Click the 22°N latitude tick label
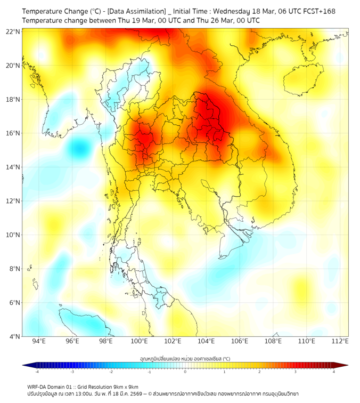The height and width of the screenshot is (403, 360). (x=13, y=31)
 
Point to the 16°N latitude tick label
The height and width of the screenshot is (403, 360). (x=13, y=133)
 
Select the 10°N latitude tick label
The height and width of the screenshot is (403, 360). (x=13, y=235)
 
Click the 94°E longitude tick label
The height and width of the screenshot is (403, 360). (x=39, y=341)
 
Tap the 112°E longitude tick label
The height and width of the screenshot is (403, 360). (x=340, y=341)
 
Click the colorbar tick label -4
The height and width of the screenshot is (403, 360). (x=36, y=372)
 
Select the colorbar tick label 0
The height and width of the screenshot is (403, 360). (x=185, y=372)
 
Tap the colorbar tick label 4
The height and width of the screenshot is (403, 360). (x=334, y=372)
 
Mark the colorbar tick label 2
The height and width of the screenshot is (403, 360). (x=259, y=372)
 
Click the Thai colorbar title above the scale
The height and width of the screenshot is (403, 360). (x=185, y=358)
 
